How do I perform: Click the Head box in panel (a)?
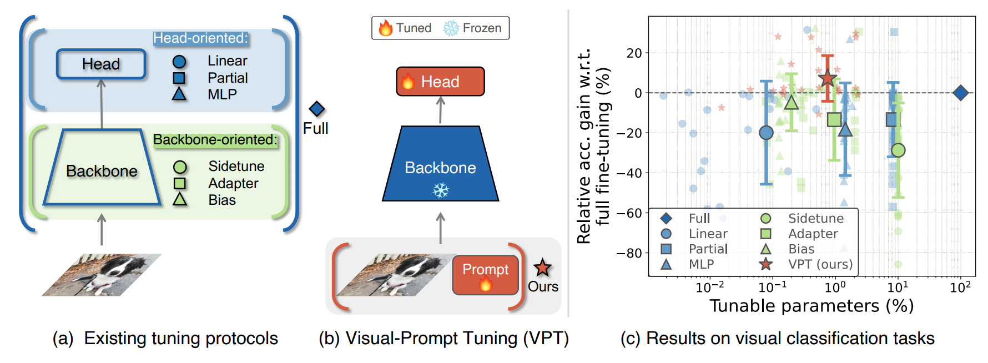point(101,64)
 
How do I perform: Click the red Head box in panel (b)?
point(440,82)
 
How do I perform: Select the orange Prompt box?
point(485,275)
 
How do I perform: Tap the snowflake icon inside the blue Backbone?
point(441,191)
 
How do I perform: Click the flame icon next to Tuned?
point(386,28)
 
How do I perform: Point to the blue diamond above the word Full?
point(316,109)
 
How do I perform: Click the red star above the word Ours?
point(542,268)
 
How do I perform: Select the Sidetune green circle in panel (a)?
point(180,167)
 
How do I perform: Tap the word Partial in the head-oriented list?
point(228,78)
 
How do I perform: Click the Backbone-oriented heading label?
point(215,140)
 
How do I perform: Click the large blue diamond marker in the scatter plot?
point(960,93)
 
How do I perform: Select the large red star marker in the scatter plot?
point(828,78)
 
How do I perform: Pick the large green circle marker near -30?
point(898,150)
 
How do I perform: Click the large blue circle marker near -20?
point(766,133)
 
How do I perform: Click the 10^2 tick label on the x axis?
point(960,288)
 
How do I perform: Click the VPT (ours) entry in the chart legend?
point(820,264)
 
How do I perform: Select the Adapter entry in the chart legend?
point(813,234)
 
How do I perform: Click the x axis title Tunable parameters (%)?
point(811,306)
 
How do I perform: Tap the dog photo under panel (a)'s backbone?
point(102,275)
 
